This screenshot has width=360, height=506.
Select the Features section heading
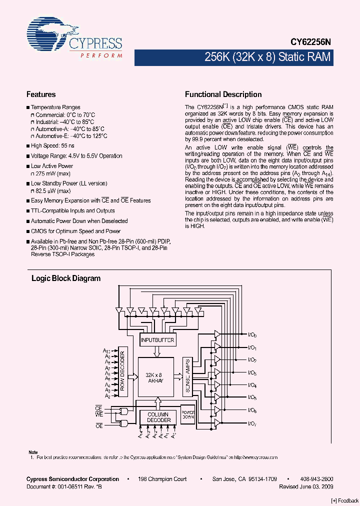coord(40,94)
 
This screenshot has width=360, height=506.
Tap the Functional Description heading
coord(223,94)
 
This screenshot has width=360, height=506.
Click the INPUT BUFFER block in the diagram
coord(157,340)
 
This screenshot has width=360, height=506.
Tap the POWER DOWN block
coord(188,414)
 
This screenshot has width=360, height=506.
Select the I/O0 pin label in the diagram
coord(252,335)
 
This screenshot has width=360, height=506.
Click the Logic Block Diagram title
coord(66,278)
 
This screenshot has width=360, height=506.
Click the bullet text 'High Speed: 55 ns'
coord(52,145)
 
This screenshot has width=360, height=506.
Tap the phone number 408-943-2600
coord(316,479)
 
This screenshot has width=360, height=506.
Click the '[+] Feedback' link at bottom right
coord(344,501)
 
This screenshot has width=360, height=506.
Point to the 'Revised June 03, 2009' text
coord(306,486)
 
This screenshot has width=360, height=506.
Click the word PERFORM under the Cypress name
coord(101,55)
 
